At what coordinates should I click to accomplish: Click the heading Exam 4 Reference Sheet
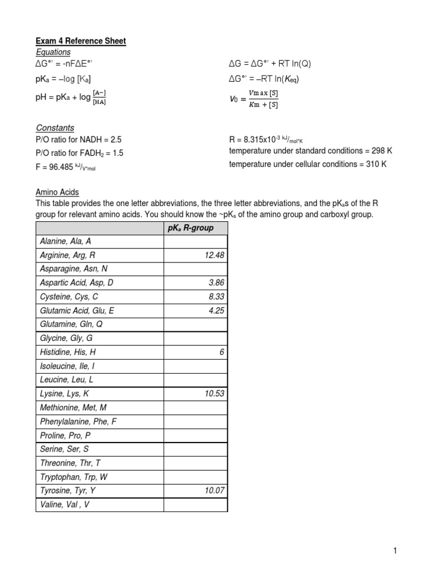click(x=81, y=41)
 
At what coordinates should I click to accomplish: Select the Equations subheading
click(x=54, y=52)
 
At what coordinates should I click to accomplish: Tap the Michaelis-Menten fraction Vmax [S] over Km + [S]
click(x=262, y=98)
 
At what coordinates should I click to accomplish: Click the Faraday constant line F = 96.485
click(x=65, y=167)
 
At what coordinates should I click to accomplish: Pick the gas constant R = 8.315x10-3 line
click(x=268, y=139)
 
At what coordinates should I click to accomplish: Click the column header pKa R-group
click(x=195, y=228)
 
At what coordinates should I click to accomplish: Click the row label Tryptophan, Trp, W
click(x=74, y=477)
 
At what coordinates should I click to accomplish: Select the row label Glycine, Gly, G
click(x=67, y=338)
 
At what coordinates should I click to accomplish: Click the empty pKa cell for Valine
click(x=195, y=505)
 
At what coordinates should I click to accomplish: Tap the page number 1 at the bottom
click(x=396, y=551)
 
